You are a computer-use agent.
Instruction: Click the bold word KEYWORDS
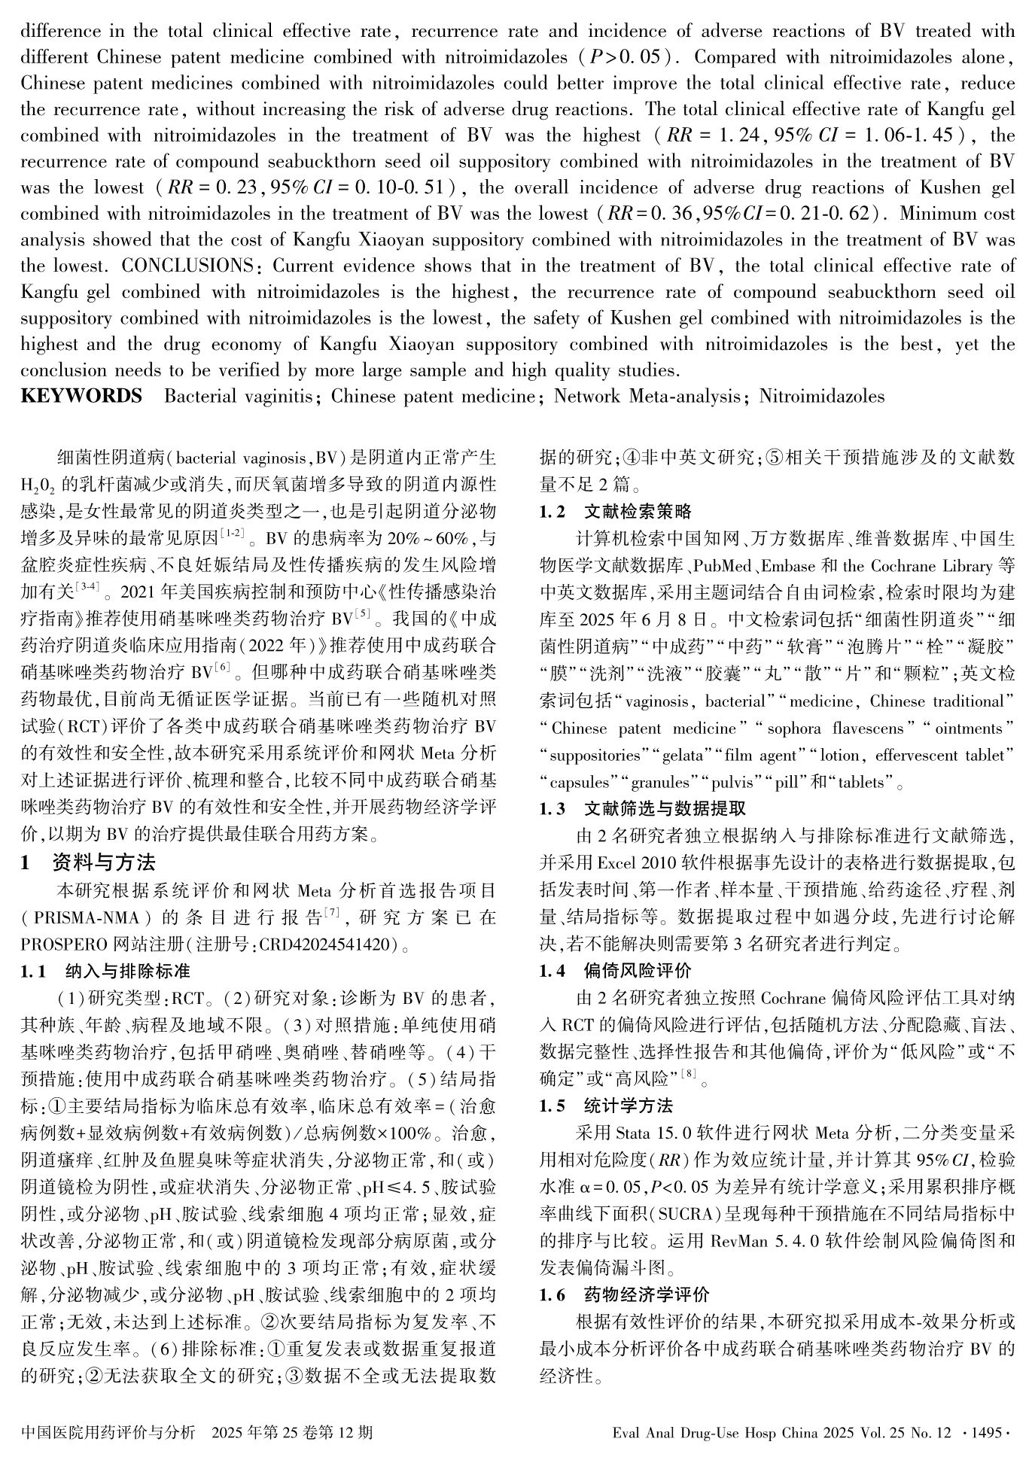(81, 396)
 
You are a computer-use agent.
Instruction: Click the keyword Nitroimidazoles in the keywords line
(822, 396)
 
